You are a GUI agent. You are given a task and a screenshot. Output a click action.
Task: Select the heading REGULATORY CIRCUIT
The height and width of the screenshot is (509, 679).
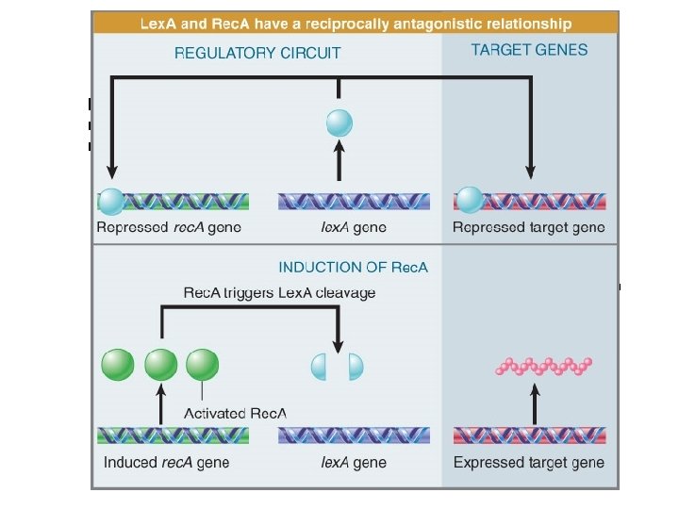click(x=257, y=53)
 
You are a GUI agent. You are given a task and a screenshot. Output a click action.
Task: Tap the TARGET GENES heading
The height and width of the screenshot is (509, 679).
click(x=529, y=50)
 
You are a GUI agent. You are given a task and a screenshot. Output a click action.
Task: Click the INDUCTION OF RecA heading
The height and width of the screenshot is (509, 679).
click(x=353, y=267)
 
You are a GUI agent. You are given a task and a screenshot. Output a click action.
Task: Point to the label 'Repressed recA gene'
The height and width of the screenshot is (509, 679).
click(x=170, y=227)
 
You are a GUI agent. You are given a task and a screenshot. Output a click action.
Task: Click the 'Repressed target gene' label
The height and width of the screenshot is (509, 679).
click(x=528, y=227)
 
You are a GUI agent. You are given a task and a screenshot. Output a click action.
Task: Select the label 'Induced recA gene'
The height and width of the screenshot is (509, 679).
click(x=166, y=463)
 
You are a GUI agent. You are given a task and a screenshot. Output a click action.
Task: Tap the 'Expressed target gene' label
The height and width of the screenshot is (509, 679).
click(x=529, y=463)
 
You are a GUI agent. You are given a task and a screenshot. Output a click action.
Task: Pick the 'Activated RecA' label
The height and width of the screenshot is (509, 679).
click(x=235, y=413)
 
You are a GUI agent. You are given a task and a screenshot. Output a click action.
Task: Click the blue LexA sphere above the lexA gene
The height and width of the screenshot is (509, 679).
click(x=339, y=123)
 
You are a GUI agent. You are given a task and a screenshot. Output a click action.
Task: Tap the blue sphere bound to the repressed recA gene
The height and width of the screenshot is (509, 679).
click(x=111, y=200)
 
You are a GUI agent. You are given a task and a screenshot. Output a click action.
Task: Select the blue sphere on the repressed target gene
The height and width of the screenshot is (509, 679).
click(x=469, y=200)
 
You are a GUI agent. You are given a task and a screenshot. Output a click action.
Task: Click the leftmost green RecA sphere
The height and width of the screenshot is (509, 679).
click(x=117, y=365)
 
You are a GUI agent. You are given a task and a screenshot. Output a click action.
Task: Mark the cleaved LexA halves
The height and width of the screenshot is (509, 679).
click(x=339, y=366)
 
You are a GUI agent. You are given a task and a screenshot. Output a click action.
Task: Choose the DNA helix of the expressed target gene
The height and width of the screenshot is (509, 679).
click(x=529, y=435)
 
